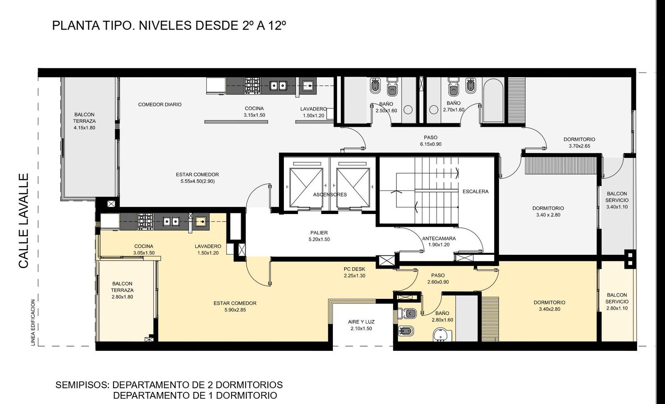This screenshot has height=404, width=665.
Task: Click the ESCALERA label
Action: [475, 192]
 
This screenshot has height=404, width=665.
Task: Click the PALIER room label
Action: [319, 233]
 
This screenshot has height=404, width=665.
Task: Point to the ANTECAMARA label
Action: [439, 238]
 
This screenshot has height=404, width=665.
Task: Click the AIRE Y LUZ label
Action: [361, 322]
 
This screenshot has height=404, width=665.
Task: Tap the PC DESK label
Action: [355, 269]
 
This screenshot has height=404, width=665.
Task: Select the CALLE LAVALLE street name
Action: [23, 221]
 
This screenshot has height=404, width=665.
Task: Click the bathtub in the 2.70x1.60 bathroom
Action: [493, 100]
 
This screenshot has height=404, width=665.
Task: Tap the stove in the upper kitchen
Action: [252, 86]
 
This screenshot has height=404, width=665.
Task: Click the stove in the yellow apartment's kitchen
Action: [145, 222]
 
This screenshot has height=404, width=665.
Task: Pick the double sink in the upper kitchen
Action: [278, 86]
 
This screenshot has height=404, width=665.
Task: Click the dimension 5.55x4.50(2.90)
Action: [197, 181]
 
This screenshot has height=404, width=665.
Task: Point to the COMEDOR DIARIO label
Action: [160, 104]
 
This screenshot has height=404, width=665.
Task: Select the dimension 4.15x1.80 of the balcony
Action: [85, 128]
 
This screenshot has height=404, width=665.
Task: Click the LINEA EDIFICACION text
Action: [33, 323]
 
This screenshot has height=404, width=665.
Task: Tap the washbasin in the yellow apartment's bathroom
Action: [442, 335]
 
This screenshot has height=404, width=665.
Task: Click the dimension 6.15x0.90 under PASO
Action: [431, 144]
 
